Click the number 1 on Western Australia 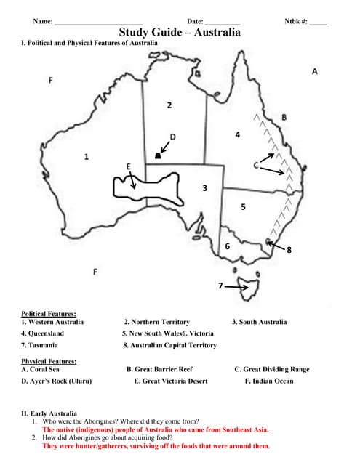[x=87, y=156]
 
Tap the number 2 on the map [x=169, y=106]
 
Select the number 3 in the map [x=205, y=188]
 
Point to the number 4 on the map [x=237, y=135]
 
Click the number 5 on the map [x=243, y=207]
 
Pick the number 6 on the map [x=228, y=247]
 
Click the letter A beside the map [x=315, y=72]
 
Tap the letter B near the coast [x=284, y=117]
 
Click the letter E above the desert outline [x=129, y=166]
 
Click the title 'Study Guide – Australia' [x=180, y=33]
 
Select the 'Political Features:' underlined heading [x=49, y=313]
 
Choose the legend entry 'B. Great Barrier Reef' [x=159, y=369]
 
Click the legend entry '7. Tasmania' [x=39, y=345]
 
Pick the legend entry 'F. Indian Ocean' [x=269, y=381]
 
